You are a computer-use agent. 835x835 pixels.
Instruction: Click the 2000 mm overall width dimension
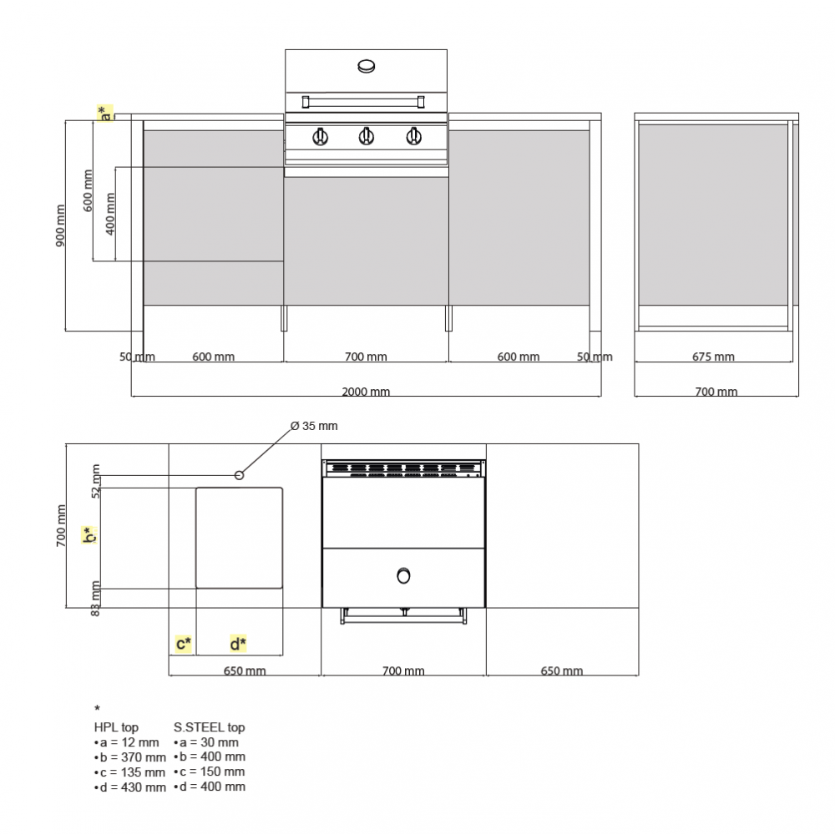tap(366, 392)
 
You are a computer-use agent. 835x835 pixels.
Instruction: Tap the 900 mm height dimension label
tap(60, 225)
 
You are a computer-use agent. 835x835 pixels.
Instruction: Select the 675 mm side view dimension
tap(713, 357)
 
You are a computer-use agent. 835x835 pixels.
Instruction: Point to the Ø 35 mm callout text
tap(314, 426)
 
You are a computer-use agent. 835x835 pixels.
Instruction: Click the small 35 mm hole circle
tap(239, 475)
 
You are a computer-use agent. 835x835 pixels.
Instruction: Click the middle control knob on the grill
tap(366, 136)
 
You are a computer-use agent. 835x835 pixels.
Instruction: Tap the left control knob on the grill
tap(320, 136)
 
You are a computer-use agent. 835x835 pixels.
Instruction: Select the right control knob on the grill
tap(414, 136)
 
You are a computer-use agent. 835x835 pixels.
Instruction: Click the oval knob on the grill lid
tap(367, 66)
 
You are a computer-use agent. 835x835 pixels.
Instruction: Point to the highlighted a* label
tap(105, 113)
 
